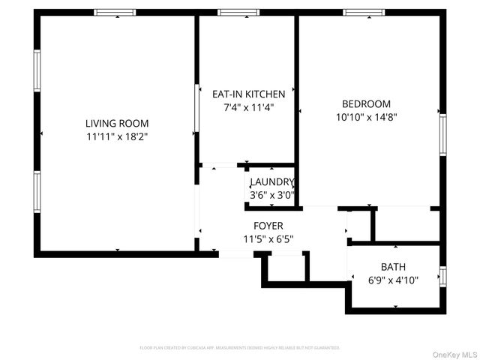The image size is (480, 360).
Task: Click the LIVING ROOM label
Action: (116, 123)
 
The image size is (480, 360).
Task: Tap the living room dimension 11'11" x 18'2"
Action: (116, 136)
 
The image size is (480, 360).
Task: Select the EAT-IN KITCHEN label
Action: (249, 94)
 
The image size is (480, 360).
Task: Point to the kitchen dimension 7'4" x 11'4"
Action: (249, 107)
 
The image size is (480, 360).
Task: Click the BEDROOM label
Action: (366, 103)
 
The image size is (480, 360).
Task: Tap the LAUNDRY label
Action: (271, 182)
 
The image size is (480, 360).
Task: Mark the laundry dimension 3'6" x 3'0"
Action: (271, 196)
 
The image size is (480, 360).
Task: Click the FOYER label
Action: (268, 226)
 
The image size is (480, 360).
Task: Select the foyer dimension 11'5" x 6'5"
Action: (268, 239)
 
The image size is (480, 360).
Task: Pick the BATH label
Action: (393, 266)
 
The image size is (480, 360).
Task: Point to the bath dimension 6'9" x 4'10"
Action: (393, 280)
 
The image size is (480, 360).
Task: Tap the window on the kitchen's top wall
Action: (238, 13)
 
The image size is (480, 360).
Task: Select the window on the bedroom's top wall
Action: (364, 13)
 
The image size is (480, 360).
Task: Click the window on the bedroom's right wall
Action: (442, 136)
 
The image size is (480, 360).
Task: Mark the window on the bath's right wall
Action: (442, 277)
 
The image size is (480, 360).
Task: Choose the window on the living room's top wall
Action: (115, 13)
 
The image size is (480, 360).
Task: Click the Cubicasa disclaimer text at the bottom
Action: (240, 348)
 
